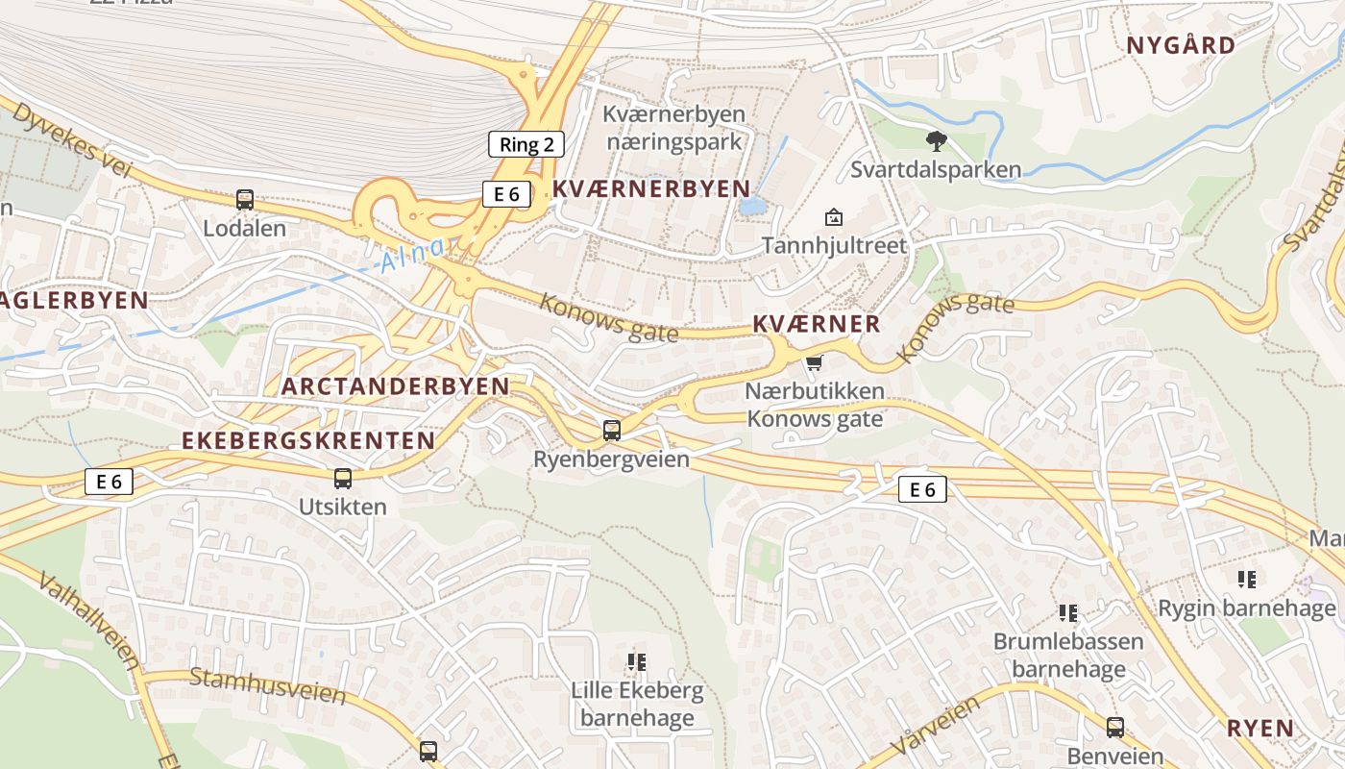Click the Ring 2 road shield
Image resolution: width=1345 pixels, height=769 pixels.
(526, 145)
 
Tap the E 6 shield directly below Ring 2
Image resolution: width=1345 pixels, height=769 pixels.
(505, 194)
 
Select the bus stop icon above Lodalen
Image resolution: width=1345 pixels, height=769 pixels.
(245, 200)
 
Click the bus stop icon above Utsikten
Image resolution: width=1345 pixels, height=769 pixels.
(342, 479)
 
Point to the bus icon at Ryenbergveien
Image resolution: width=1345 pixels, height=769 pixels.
(611, 431)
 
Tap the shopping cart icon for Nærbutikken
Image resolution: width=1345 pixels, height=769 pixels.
(815, 362)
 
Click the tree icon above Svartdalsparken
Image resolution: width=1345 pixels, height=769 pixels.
(936, 142)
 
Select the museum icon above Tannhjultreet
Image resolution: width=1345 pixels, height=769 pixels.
(834, 217)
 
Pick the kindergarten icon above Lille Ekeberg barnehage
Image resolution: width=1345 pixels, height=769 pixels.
(636, 661)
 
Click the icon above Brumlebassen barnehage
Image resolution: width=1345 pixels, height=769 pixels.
(1067, 612)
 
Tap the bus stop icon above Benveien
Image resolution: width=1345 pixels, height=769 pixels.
(1114, 728)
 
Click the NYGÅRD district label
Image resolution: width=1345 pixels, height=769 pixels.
(1181, 45)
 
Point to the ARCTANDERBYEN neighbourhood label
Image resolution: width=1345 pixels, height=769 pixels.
(396, 386)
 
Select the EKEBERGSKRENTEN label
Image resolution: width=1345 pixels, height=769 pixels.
(308, 440)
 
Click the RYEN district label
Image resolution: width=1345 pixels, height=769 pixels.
(1260, 729)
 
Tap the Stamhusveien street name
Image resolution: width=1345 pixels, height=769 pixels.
(267, 685)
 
